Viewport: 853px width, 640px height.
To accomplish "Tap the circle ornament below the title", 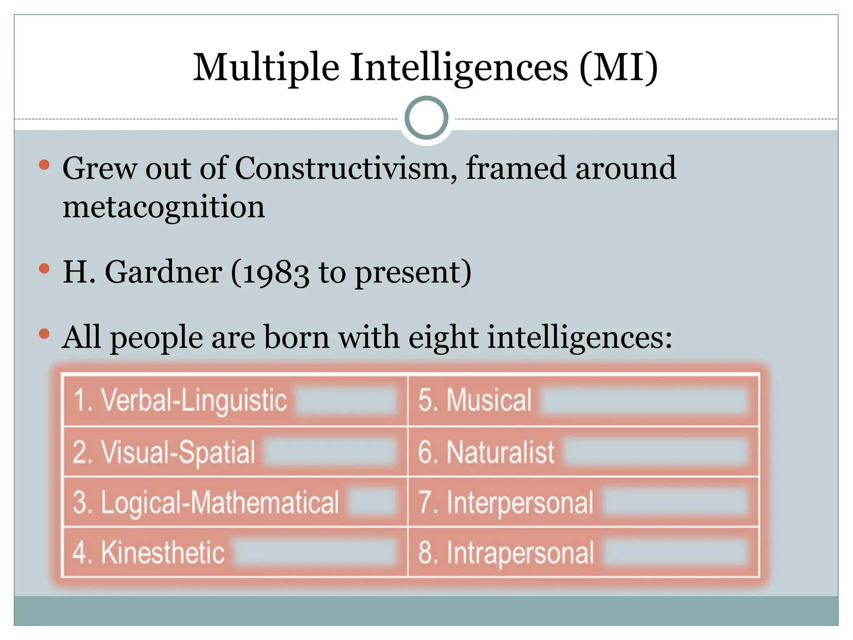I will tap(426, 118).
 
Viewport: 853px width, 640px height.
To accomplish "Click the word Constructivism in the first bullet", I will tap(346, 168).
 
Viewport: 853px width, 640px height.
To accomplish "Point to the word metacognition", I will tap(164, 207).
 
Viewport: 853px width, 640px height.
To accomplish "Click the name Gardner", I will tap(163, 272).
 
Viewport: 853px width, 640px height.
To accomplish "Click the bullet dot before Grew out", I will tap(44, 165).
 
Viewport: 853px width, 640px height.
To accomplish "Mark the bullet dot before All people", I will tap(44, 333).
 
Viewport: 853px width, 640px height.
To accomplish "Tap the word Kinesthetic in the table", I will tap(163, 553).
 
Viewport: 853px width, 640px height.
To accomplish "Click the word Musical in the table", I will tap(489, 400).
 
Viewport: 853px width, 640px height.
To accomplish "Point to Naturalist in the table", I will tap(500, 452).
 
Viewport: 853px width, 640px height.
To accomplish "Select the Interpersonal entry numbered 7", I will tap(519, 502).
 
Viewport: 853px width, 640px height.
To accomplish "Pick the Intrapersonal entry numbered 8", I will tap(520, 553).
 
